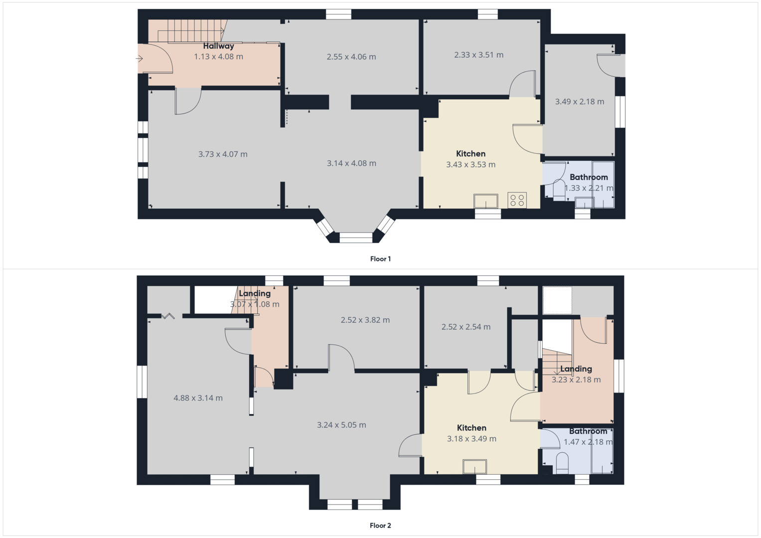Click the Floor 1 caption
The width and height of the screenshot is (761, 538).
tap(380, 259)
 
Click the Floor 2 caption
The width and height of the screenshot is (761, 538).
tap(380, 526)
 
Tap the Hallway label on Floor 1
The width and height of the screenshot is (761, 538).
tap(218, 46)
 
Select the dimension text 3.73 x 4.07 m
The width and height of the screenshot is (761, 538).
tap(223, 154)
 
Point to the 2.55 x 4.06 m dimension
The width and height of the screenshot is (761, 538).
tap(351, 57)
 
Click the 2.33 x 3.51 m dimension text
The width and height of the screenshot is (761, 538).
tap(478, 55)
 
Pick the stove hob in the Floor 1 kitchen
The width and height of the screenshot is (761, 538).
tap(517, 200)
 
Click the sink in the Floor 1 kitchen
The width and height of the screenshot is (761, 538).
tap(486, 201)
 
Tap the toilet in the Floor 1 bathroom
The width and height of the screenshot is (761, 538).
tap(559, 191)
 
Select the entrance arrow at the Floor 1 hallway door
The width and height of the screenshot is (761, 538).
tap(140, 59)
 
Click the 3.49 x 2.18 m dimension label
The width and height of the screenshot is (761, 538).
tap(580, 102)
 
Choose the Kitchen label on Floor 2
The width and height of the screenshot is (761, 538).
tap(471, 428)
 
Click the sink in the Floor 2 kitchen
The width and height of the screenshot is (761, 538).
tap(474, 467)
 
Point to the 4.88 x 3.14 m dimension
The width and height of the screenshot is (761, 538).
tap(198, 398)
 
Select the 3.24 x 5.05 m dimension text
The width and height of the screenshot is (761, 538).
tap(341, 425)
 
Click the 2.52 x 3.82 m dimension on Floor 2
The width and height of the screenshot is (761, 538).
tap(365, 320)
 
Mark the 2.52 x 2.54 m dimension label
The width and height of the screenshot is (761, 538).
tap(466, 327)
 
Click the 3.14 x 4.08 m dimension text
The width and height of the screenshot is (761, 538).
tap(351, 163)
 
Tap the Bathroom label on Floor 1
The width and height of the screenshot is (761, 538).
tap(589, 177)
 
